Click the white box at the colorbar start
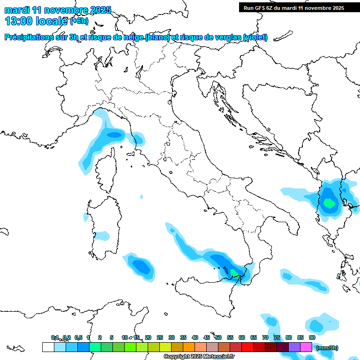48,347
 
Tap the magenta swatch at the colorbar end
306,347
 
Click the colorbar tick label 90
312,337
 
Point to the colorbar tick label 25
160,337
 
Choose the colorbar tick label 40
195,337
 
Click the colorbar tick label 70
265,337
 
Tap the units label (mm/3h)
327,348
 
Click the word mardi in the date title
15,10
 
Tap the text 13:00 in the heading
18,21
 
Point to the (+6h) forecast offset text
79,21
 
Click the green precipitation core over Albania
330,203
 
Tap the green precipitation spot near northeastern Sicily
234,272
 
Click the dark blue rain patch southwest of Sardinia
141,266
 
